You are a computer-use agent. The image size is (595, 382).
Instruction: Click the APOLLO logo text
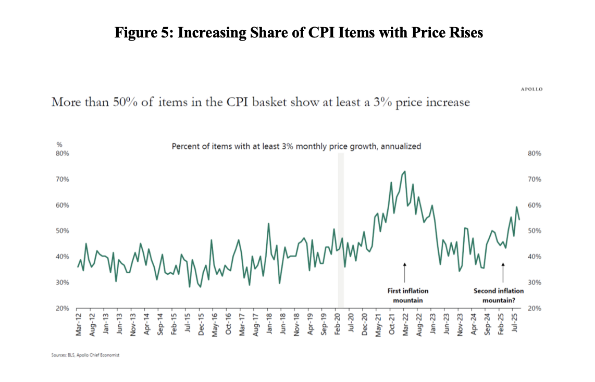click(x=531, y=89)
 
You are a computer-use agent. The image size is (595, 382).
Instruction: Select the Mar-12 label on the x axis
click(x=78, y=324)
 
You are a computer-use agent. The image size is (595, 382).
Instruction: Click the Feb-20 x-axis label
click(x=337, y=324)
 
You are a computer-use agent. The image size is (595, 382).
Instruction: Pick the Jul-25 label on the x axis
click(x=515, y=323)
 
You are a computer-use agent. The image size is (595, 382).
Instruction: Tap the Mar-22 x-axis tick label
click(x=405, y=324)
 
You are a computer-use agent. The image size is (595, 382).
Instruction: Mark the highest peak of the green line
click(x=405, y=171)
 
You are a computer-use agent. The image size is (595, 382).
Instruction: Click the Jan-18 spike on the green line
click(x=268, y=224)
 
